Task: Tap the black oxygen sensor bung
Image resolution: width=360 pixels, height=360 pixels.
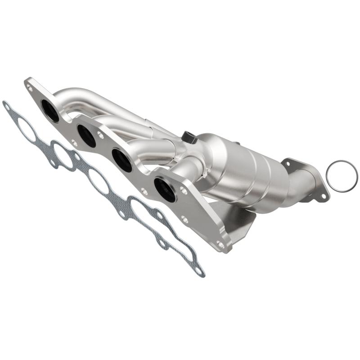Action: click(189, 137)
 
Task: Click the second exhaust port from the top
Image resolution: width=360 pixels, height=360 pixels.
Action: click(86, 135)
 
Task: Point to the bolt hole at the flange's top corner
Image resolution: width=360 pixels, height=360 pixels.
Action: click(30, 89)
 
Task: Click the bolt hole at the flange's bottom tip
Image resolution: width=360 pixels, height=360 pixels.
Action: click(220, 245)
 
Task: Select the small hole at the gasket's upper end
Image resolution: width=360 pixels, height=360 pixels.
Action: click(7, 107)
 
